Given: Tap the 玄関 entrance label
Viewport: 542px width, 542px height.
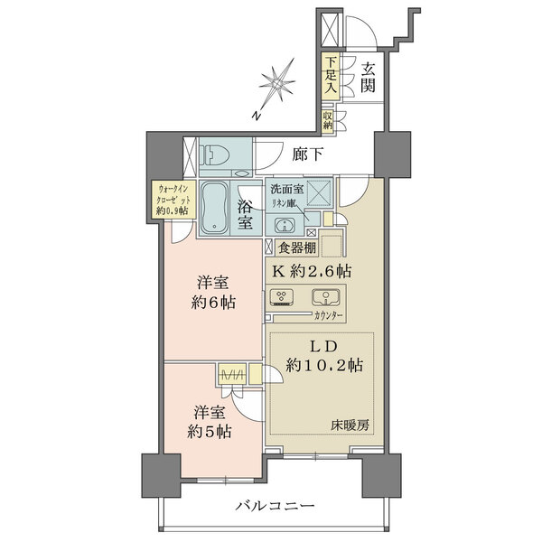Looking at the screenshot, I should click(x=369, y=76).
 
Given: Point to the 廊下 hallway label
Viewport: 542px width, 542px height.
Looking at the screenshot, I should click(x=307, y=154).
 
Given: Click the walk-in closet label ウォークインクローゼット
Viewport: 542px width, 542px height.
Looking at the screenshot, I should click(x=169, y=199).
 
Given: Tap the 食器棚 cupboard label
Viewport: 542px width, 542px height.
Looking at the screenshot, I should click(x=298, y=246).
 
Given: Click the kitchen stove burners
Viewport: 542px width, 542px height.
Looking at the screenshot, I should click(x=283, y=299).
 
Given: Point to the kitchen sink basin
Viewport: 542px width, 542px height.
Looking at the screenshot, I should click(x=322, y=297).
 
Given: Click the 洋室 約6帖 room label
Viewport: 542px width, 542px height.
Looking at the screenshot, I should click(x=214, y=291).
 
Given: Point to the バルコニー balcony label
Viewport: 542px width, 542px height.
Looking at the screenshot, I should click(x=276, y=506).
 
